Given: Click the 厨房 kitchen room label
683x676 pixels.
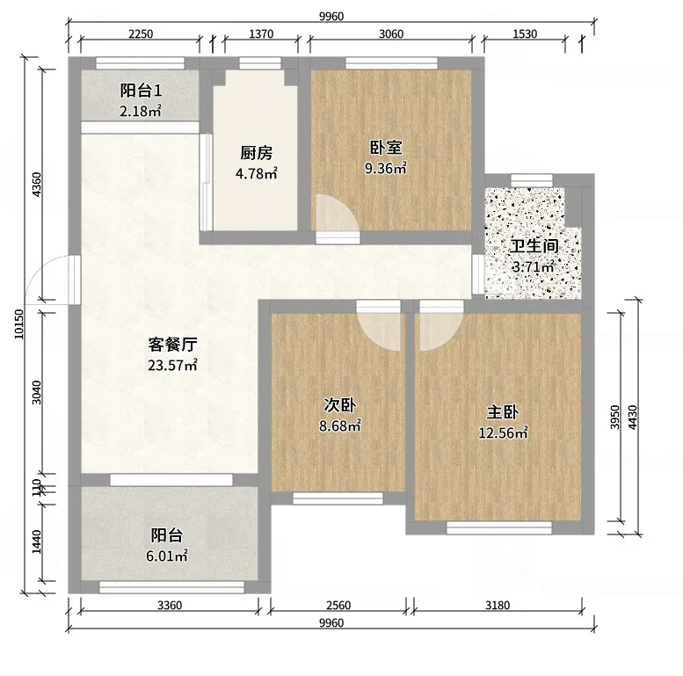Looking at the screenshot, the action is point(256,153).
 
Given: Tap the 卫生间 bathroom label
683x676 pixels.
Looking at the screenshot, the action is point(534,246).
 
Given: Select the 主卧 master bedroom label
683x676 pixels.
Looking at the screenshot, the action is point(503,412).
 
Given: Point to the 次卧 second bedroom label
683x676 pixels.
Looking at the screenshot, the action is point(340,405).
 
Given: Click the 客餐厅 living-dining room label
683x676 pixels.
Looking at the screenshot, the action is point(172,345).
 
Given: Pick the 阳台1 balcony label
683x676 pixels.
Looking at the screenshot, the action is point(142,91).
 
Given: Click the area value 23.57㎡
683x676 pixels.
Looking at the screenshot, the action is point(172,365).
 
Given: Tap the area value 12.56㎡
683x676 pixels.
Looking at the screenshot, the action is point(503,432).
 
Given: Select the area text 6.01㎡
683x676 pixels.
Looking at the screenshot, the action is point(167,556).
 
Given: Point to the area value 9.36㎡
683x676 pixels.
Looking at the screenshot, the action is point(386,168).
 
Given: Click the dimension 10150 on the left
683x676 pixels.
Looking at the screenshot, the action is point(19,324).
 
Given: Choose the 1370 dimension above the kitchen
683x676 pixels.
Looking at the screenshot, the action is point(261,33).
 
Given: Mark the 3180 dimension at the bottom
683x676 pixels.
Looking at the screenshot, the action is point(498,605).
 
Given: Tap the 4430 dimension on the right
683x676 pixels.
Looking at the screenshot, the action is point(633,418).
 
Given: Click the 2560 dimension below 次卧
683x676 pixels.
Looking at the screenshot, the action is point(338,605).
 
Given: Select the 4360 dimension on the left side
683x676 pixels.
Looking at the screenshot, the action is point(37,185).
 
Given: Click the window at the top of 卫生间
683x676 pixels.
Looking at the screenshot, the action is point(532,179).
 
